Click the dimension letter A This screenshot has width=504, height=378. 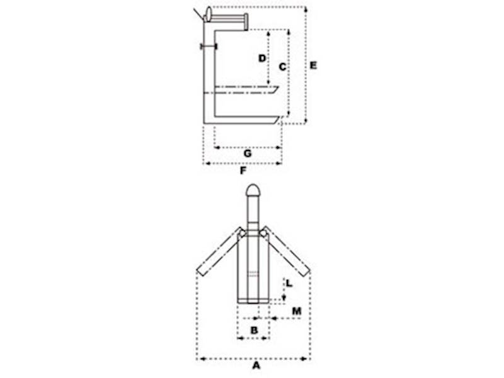point(256,365)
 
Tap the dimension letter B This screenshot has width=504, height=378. point(254,330)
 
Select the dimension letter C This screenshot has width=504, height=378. point(282,67)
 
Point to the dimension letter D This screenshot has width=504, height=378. point(262,58)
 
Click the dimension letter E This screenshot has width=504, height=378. point(313,66)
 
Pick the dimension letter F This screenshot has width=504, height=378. point(243,171)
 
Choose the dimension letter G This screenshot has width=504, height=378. point(248,154)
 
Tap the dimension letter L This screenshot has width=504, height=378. point(289,283)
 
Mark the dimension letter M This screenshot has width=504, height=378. point(297,311)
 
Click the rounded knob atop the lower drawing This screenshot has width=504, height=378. point(253,190)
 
